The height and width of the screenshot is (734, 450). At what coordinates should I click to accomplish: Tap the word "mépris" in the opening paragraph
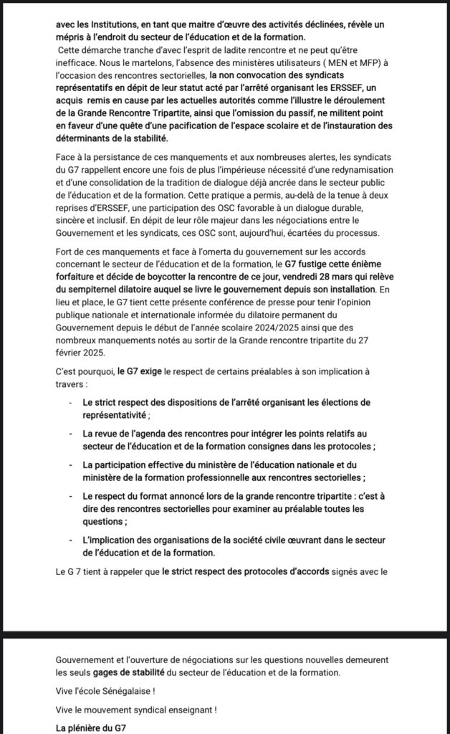[73, 37]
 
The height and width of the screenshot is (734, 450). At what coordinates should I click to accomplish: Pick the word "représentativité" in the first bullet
[115, 415]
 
